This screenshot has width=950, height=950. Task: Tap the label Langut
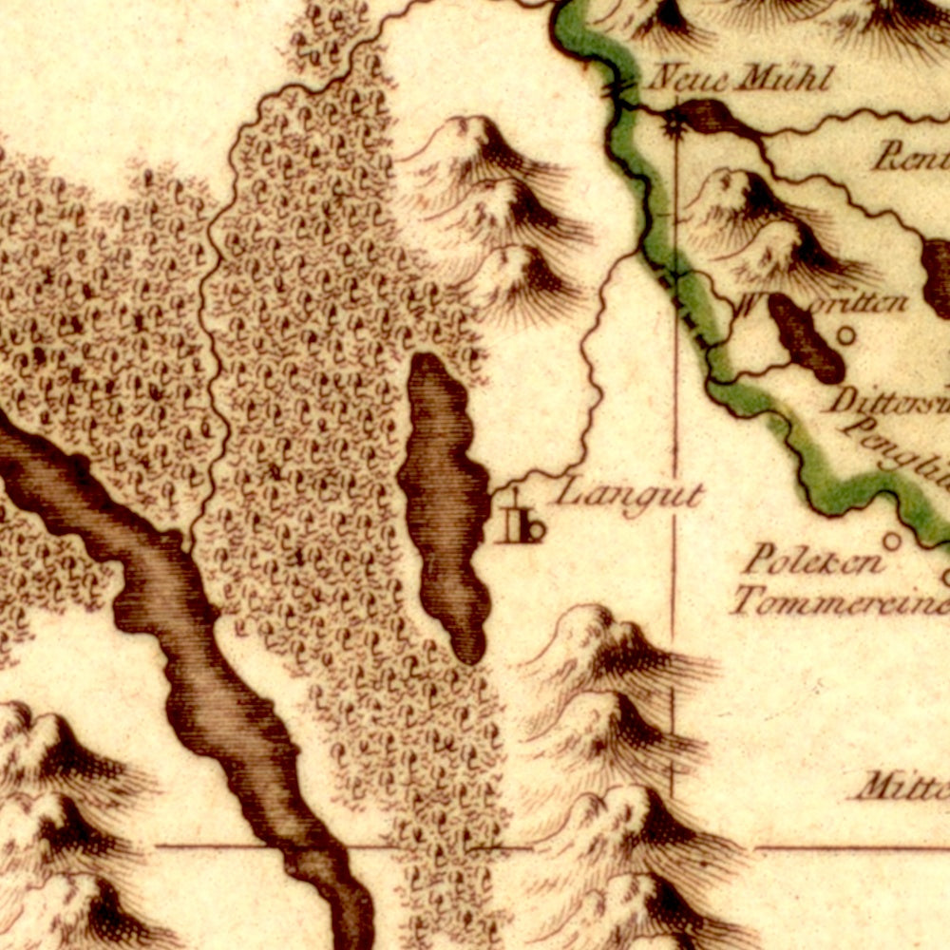coord(630,495)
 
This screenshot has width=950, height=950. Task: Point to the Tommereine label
coord(840,601)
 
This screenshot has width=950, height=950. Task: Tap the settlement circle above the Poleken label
coord(891,541)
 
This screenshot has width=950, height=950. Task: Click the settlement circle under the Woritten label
coord(845,334)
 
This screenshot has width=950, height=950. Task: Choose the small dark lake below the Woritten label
coord(806,339)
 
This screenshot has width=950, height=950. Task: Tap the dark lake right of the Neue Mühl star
coord(718,118)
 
